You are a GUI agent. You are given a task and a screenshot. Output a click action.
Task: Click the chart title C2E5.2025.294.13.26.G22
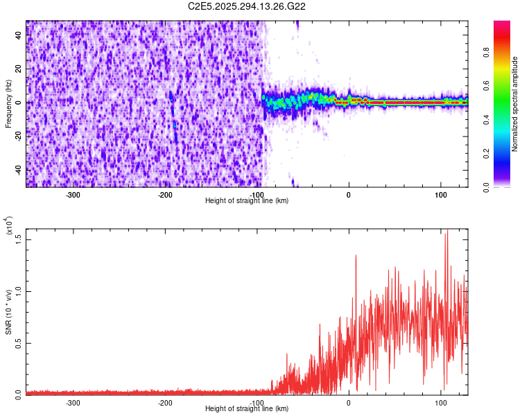click(x=248, y=6)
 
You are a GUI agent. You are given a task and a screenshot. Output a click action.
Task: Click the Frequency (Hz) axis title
click(x=9, y=104)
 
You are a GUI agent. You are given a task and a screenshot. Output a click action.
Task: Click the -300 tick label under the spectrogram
click(x=73, y=194)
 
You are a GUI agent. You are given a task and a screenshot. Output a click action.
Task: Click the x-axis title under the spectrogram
click(x=247, y=200)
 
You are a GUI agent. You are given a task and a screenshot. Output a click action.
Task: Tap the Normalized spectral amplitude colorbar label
click(x=515, y=104)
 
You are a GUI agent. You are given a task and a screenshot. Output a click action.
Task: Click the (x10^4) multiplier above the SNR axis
click(x=9, y=227)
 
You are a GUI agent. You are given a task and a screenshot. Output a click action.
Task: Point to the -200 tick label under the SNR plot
click(x=165, y=402)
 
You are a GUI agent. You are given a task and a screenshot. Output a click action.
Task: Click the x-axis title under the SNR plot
click(x=247, y=408)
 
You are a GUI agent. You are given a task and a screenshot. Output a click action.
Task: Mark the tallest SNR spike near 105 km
click(x=447, y=231)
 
